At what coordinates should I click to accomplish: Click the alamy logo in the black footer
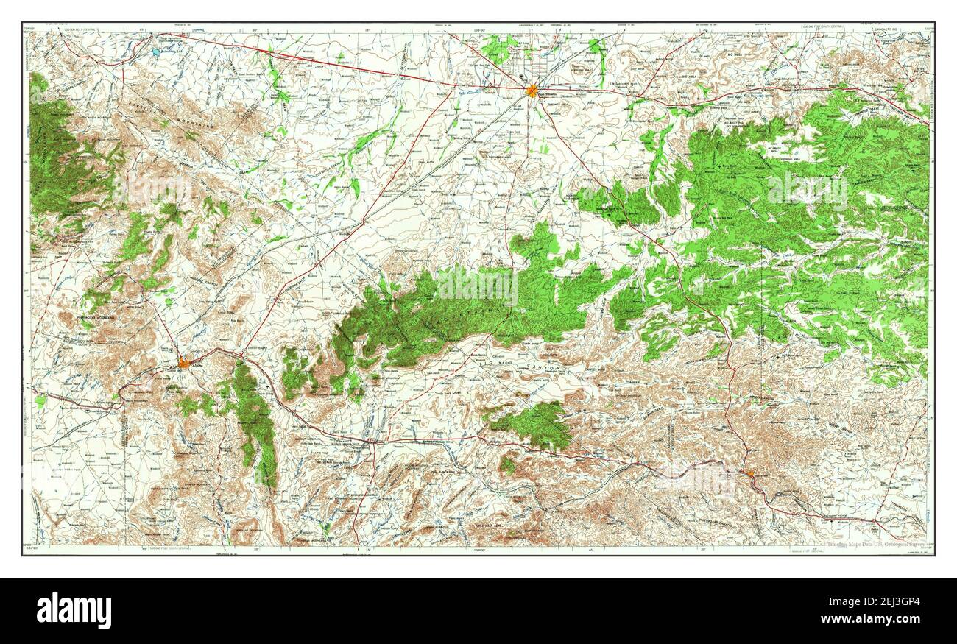(74, 610)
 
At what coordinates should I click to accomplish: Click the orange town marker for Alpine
(183, 361)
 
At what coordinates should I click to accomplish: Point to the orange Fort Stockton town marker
(532, 91)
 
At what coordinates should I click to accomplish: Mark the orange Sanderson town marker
(749, 474)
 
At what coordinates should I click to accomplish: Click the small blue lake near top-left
(155, 53)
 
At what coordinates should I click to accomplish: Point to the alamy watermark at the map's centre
(478, 287)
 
